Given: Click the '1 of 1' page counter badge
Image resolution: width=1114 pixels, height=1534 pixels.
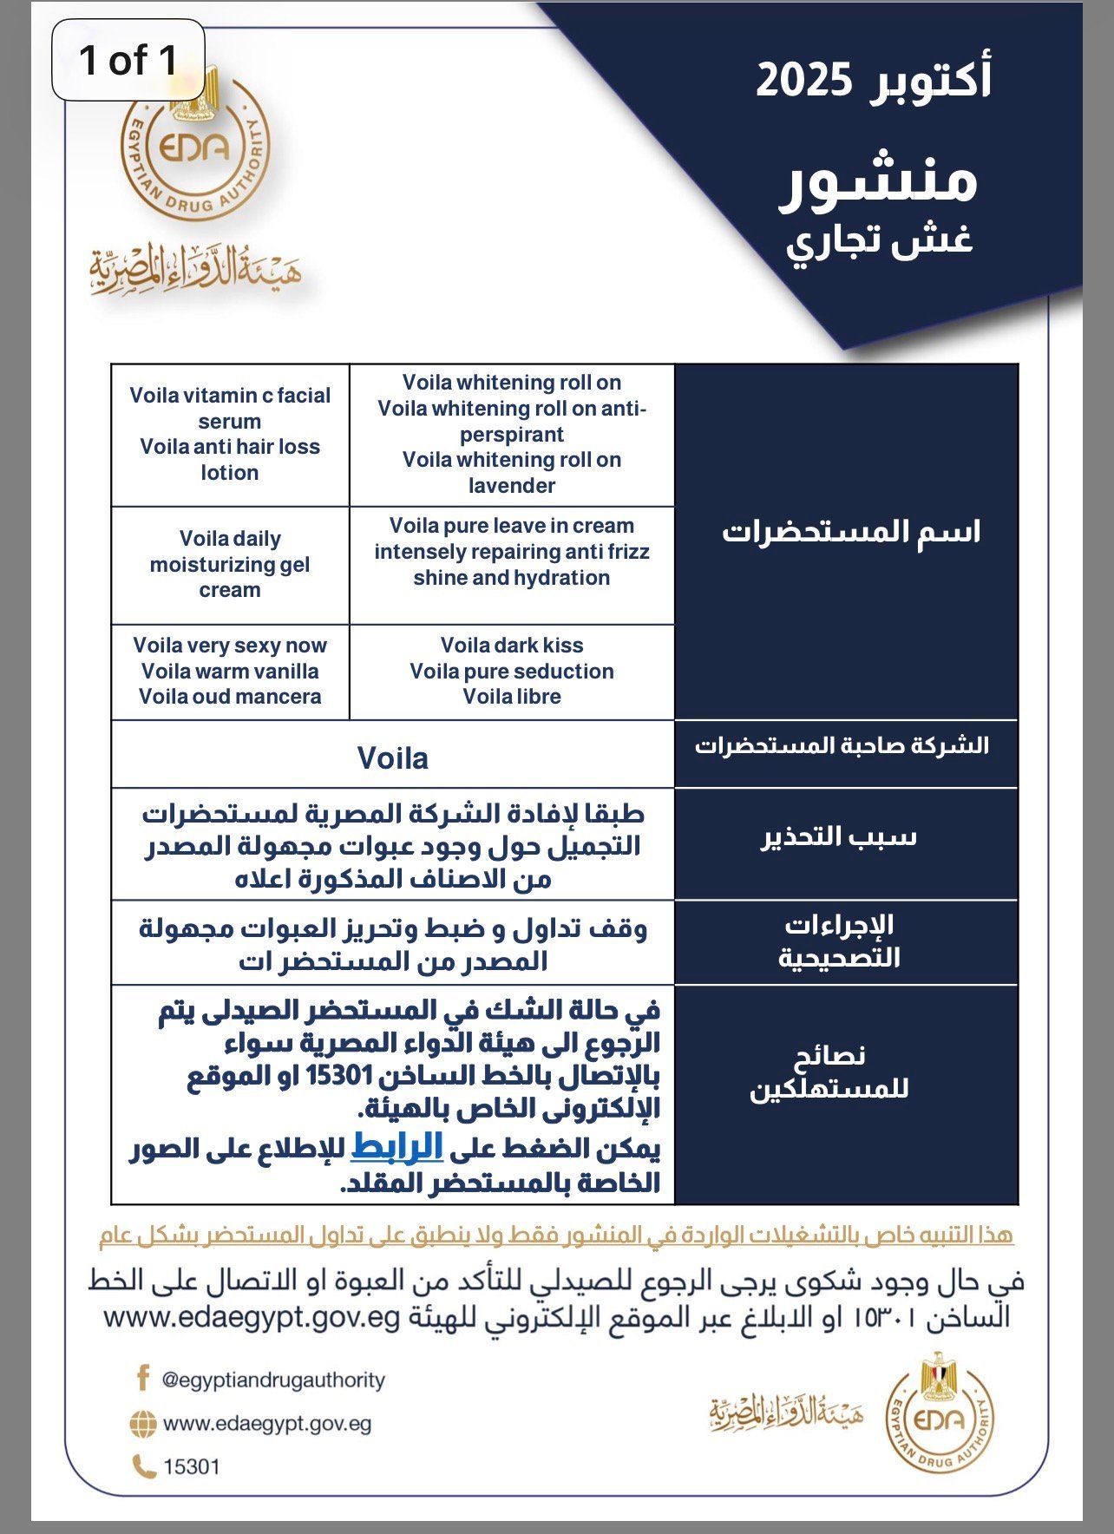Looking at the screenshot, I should (x=128, y=61).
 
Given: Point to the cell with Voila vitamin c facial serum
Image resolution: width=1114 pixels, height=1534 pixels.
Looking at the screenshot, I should (x=230, y=434).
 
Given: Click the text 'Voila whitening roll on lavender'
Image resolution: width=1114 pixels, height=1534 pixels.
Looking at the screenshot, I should (x=512, y=473).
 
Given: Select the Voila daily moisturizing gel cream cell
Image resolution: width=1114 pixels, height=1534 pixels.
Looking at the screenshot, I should (x=230, y=564).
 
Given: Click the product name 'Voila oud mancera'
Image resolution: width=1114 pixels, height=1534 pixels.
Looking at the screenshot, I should (x=230, y=697).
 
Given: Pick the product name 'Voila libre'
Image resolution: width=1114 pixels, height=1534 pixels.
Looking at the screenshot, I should (x=512, y=697).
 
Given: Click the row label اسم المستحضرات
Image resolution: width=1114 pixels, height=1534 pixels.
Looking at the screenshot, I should (x=851, y=532).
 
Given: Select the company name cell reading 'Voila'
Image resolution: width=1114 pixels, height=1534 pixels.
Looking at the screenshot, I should (x=393, y=758).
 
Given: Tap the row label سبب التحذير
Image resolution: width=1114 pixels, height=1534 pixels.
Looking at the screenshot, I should (x=839, y=837).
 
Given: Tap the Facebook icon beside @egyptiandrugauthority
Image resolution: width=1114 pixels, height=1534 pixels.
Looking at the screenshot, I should (x=143, y=1379).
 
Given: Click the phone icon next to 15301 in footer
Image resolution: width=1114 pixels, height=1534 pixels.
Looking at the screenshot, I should (x=143, y=1467).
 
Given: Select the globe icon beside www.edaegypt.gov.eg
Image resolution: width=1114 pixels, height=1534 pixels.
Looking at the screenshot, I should (x=143, y=1423).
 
